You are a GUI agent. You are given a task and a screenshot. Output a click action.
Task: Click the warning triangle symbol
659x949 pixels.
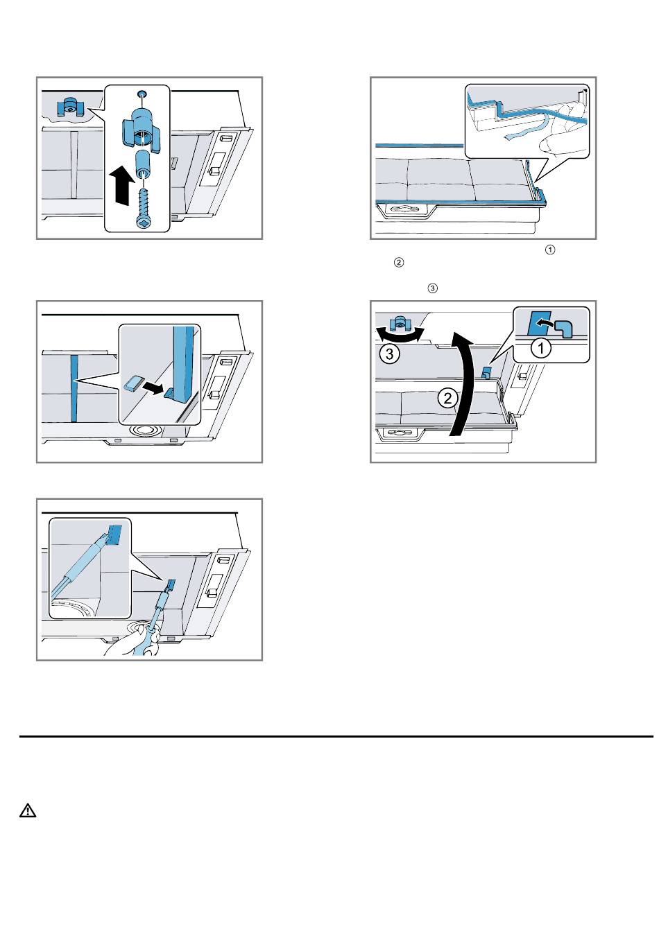click(28, 810)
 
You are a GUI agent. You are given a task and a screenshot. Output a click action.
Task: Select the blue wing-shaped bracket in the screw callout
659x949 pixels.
click(142, 129)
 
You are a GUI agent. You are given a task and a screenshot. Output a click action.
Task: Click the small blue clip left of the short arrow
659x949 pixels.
click(134, 383)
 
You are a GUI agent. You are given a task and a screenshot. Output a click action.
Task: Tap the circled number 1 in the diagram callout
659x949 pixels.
click(540, 349)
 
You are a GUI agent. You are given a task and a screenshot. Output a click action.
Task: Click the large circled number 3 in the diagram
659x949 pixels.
click(389, 354)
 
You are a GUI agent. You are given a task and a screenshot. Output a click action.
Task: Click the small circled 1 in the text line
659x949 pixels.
click(549, 250)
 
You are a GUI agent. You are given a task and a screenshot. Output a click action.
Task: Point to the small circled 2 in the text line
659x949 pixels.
click(399, 263)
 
